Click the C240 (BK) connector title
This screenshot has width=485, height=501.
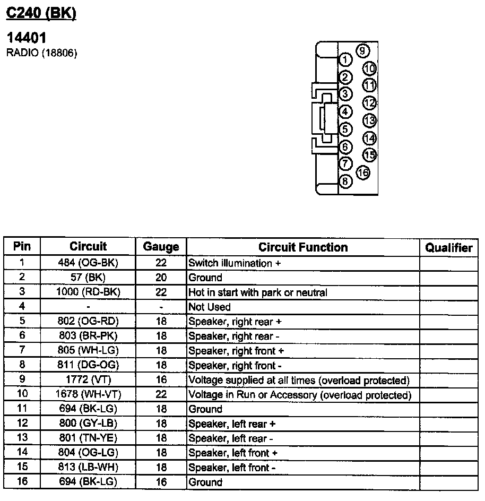[x=41, y=13]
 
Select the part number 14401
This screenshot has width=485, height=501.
[x=27, y=38]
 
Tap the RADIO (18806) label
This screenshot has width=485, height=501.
[x=41, y=53]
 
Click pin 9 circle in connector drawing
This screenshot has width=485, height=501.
[x=363, y=51]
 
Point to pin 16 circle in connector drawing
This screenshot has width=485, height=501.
[x=363, y=172]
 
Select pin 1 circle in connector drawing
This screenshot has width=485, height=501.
[x=345, y=59]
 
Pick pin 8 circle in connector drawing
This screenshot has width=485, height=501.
[x=345, y=182]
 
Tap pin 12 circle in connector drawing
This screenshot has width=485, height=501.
[x=369, y=103]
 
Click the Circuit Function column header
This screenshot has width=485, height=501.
[x=303, y=247]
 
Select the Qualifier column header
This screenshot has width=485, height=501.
[x=449, y=247]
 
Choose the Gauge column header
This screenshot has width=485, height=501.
[x=161, y=247]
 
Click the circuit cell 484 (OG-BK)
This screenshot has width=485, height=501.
[x=88, y=263]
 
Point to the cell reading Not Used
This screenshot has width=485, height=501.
[x=210, y=307]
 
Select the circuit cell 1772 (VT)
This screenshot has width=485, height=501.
[x=88, y=380]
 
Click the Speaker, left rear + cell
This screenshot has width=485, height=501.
[x=232, y=424]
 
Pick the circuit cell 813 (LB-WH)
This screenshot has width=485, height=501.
[x=88, y=468]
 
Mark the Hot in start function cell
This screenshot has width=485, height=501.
[x=258, y=292]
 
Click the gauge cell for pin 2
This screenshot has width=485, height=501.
[x=161, y=278]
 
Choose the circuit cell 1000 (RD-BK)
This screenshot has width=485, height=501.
[x=88, y=292]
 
